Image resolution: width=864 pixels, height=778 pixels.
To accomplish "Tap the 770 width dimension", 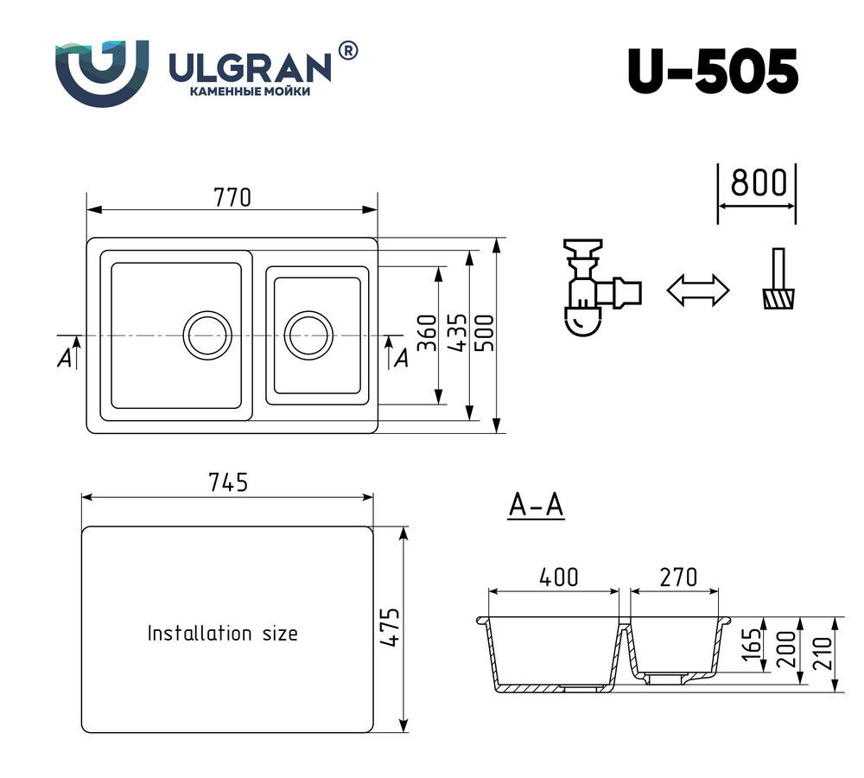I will (232, 198).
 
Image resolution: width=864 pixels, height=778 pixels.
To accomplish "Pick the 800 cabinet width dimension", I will (757, 183).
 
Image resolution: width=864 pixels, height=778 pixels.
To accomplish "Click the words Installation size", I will (222, 634).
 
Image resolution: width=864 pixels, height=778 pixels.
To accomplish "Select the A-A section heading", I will (536, 506).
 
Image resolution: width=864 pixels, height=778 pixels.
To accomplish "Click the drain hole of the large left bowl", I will (207, 334).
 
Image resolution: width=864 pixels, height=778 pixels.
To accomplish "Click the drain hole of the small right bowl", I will (308, 334).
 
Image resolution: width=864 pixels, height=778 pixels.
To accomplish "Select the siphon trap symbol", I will (594, 289).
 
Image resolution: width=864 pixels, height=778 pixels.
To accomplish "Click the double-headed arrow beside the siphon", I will (698, 290).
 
